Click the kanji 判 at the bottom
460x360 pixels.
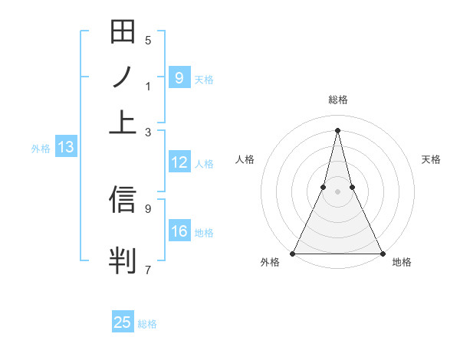pos(123,260)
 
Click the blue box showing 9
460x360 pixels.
pos(179,78)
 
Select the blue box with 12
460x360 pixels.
pos(179,162)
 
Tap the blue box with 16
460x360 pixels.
pos(179,232)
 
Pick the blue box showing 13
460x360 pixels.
pos(65,148)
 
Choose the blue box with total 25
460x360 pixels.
pos(123,322)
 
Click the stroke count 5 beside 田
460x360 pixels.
pos(148,41)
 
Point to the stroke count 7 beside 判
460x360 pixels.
pos(148,269)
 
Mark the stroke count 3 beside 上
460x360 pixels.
pos(148,133)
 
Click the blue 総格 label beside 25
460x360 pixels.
pos(147,324)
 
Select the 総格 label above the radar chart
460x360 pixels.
pos(337,100)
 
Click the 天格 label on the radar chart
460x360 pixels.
pos(431,159)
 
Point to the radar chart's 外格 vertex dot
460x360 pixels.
pos(293,253)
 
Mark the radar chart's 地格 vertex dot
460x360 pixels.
pos(381,253)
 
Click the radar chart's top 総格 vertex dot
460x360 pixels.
pos(337,130)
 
